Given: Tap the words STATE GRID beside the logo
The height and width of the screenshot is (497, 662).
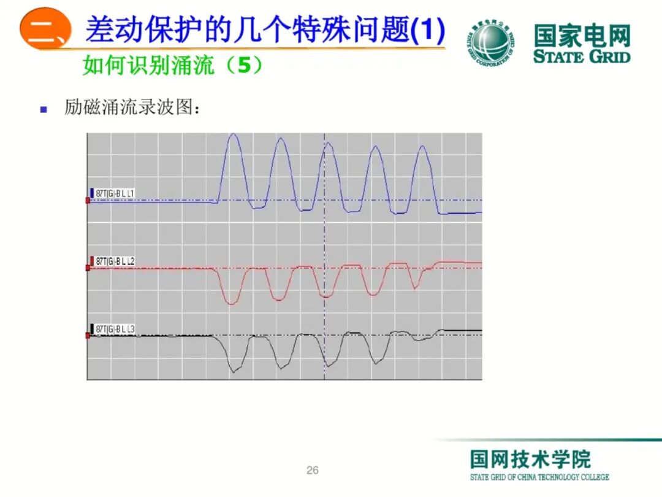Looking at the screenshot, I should (x=581, y=57).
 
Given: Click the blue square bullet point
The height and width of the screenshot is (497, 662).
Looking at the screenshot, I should (x=44, y=110).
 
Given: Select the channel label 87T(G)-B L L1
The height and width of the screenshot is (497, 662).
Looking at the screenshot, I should (x=115, y=194).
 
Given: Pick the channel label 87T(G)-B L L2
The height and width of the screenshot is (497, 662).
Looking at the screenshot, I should (x=115, y=261).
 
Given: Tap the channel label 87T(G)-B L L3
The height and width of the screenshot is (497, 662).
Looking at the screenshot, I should (x=115, y=329).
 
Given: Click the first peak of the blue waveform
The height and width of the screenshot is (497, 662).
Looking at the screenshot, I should (x=233, y=135).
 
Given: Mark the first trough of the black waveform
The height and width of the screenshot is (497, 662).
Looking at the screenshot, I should (x=233, y=371).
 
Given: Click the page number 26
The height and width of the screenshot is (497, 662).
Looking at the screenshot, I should (x=313, y=471).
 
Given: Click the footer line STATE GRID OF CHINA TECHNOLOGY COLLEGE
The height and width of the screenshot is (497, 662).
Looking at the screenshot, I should (x=539, y=477).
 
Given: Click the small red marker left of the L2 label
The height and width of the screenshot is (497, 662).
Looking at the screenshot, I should (x=88, y=268).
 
